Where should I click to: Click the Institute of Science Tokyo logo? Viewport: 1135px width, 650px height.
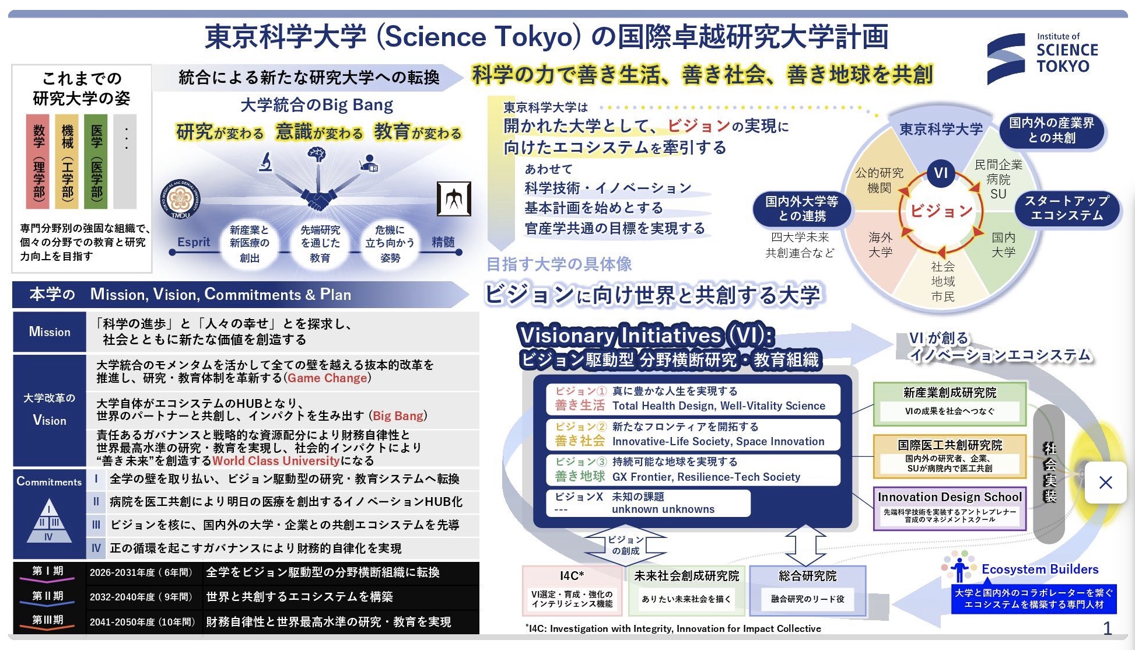point(1042,58)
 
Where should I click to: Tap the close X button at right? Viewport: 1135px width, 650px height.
point(1105,483)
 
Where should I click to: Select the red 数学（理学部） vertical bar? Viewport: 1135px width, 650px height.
point(38,161)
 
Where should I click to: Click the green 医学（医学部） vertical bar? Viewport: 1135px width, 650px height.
point(96,161)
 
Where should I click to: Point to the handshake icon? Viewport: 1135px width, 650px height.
point(316,200)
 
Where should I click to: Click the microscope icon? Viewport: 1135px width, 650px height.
point(266,162)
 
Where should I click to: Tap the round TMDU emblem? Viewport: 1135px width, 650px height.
point(180,200)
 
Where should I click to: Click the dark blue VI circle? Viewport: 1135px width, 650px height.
point(941,173)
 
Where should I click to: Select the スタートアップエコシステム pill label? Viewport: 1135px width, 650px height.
point(1067,208)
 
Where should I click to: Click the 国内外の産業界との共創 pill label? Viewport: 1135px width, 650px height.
point(1052,130)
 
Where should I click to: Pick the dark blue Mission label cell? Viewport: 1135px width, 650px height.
point(50,332)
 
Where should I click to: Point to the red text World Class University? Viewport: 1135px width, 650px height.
point(276,461)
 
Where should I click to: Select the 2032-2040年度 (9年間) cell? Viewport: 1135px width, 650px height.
point(141,597)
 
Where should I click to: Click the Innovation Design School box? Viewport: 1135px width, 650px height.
point(950,508)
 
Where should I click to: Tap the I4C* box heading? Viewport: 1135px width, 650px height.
point(572,576)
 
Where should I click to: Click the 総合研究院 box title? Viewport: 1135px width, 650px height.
point(807,576)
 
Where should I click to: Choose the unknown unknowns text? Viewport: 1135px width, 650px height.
point(663,509)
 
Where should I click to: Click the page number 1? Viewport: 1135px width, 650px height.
point(1107,628)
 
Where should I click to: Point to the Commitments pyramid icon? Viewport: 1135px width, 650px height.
point(49,521)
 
